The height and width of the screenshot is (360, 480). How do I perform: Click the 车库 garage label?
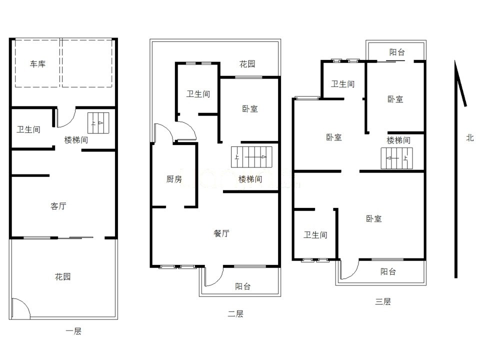click(x=37, y=64)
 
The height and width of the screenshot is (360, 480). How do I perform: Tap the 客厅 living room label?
click(x=58, y=206)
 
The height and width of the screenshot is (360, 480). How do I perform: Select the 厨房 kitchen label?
click(x=174, y=179)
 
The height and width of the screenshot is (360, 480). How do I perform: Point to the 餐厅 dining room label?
click(x=221, y=233)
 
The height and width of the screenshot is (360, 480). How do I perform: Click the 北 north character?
click(x=470, y=138)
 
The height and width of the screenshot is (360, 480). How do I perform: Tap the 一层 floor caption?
click(x=73, y=331)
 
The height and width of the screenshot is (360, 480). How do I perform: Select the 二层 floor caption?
click(x=235, y=314)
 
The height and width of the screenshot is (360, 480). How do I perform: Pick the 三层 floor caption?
click(x=383, y=301)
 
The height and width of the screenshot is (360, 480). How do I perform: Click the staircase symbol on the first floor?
click(x=98, y=123)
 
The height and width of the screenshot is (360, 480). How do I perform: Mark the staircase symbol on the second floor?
click(x=251, y=157)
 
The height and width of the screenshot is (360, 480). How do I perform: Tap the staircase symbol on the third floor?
click(x=396, y=158)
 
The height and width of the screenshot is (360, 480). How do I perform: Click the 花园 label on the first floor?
click(x=63, y=276)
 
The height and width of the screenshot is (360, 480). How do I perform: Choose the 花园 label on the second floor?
click(x=247, y=64)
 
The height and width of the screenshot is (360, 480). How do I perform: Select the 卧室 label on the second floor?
click(x=250, y=108)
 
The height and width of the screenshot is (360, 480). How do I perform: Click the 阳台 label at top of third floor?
click(x=397, y=52)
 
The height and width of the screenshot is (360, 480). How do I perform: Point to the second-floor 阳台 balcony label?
click(x=243, y=286)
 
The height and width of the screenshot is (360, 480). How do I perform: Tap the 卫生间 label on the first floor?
click(x=28, y=129)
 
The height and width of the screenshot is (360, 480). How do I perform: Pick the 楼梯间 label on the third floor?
click(x=398, y=140)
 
